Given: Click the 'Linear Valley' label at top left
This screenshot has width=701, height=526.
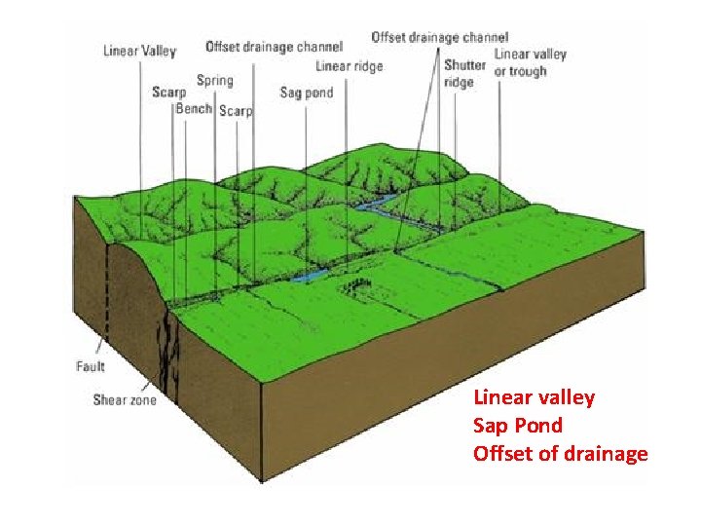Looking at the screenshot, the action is tap(139, 51).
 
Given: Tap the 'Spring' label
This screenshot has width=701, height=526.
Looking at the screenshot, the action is tap(214, 80).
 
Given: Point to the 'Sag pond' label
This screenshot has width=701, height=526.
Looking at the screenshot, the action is tap(306, 93).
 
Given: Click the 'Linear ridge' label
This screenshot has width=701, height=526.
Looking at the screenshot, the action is tap(350, 66).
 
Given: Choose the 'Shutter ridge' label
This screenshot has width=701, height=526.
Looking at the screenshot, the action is tap(464, 74).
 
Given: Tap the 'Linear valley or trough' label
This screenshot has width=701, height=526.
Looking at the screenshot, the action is tap(531, 62).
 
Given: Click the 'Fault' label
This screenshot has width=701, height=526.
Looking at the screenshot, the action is tap(91, 367).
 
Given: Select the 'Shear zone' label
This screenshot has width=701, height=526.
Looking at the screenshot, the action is tap(124, 399).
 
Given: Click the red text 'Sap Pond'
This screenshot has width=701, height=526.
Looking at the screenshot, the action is tap(517, 426).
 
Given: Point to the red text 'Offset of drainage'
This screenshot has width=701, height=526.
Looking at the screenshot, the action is tap(560, 454).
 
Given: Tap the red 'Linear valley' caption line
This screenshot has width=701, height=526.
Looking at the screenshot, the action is tap(534, 397).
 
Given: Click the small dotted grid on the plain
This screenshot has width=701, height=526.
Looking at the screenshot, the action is tap(358, 286).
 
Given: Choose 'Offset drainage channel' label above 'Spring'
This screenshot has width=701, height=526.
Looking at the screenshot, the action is tap(274, 46).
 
